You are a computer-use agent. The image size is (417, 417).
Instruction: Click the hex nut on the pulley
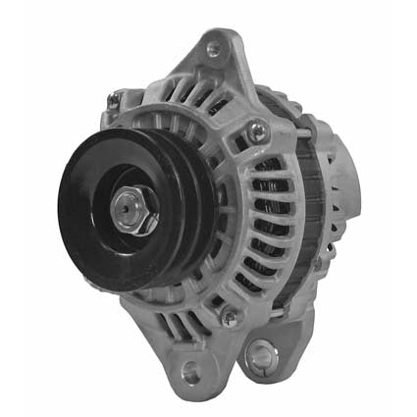click(x=134, y=209)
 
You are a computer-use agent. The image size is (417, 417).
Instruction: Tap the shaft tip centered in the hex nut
click(x=133, y=208)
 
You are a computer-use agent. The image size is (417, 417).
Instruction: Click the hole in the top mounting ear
click(x=213, y=49)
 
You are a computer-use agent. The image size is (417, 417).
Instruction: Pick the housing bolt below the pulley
click(x=230, y=317)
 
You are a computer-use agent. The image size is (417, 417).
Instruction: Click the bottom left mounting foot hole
click(x=190, y=372)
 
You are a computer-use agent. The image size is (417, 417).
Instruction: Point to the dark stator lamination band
click(x=303, y=196)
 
